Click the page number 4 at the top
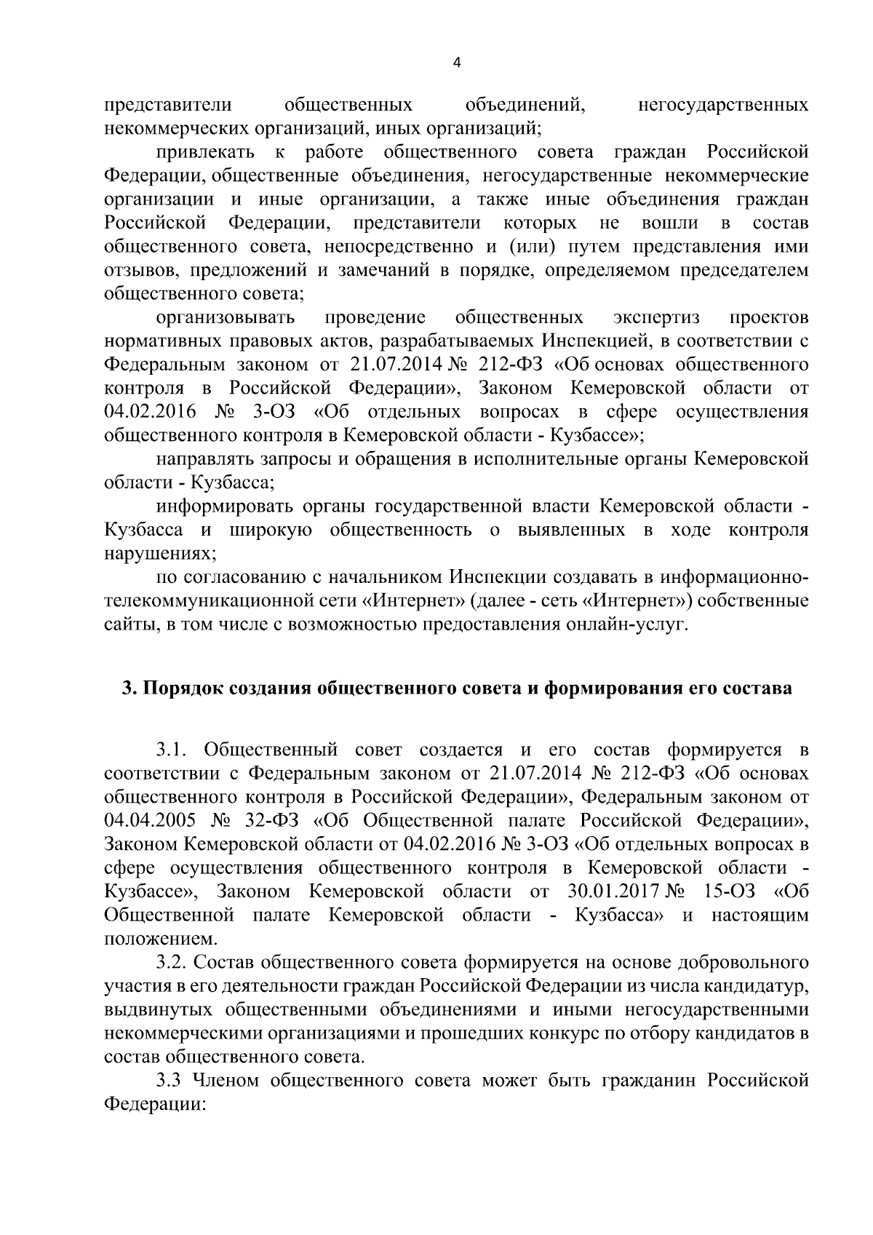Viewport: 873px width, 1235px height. click(456, 63)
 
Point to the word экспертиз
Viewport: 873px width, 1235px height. click(655, 317)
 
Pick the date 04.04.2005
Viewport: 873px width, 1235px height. click(149, 820)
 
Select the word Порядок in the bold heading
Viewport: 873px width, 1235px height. click(185, 688)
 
